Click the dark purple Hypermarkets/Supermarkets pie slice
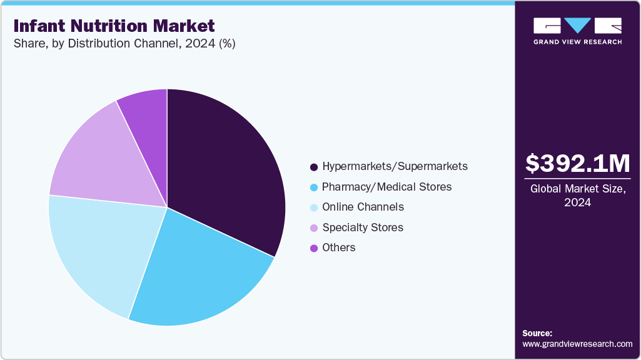tap(225, 169)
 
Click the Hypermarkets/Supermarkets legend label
tap(395, 166)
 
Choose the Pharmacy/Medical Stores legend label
tap(386, 187)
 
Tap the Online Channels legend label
tap(363, 207)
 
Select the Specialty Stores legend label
tap(363, 227)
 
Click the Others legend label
tap(339, 247)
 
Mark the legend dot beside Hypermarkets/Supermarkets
tap(313, 167)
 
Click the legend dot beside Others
tap(313, 248)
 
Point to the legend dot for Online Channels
tap(313, 207)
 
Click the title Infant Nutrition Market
tap(114, 26)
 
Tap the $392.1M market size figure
tap(577, 164)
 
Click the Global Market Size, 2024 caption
tap(577, 195)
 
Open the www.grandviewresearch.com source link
tap(577, 344)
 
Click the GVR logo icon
tap(577, 26)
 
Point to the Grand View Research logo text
tap(577, 42)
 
